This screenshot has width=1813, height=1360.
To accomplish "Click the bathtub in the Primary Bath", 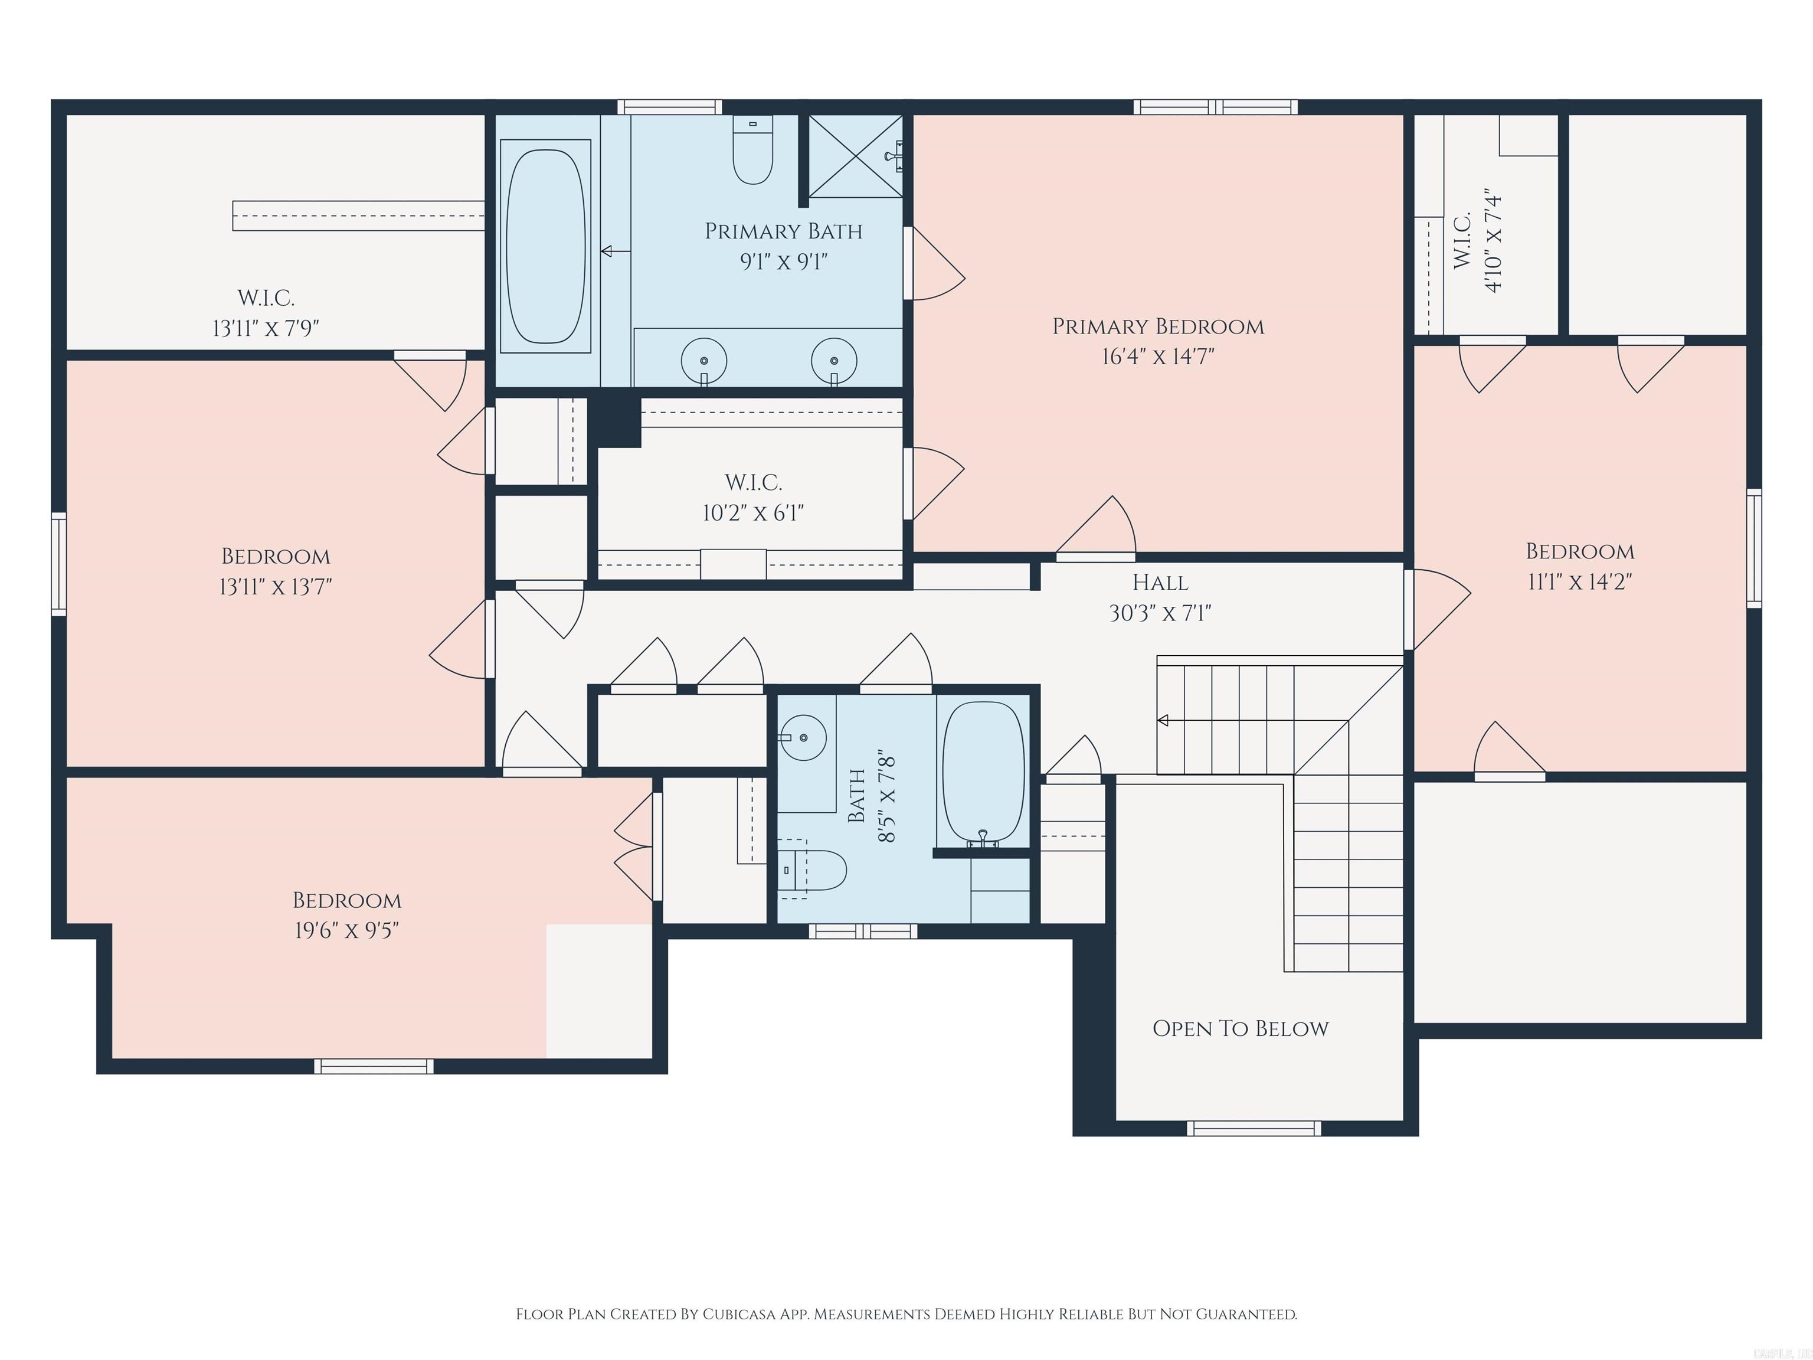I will (545, 246).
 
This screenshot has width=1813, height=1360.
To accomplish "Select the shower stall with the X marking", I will (855, 156).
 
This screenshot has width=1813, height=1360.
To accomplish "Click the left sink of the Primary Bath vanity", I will (704, 361).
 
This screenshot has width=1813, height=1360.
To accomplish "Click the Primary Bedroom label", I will (1157, 327).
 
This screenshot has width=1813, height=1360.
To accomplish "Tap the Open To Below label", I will (1240, 1029).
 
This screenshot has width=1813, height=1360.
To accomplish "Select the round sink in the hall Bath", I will (803, 738).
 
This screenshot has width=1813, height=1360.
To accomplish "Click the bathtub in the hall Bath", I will (983, 770).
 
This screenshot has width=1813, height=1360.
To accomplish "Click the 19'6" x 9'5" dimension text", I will (346, 930).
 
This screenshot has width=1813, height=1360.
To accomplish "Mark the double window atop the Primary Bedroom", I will (1216, 107).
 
